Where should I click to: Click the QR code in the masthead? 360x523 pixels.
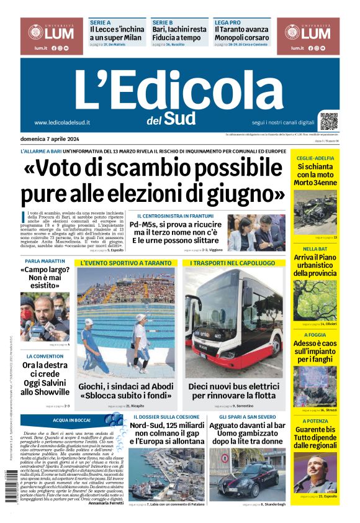click(x=329, y=121)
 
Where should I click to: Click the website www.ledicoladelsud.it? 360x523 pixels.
click(x=62, y=122)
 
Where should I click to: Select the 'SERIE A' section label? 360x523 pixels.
click(x=100, y=22)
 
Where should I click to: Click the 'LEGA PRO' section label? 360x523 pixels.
click(x=227, y=22)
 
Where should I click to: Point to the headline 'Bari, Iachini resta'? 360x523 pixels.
click(x=180, y=29)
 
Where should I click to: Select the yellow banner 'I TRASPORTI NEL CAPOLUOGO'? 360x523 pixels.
click(x=233, y=263)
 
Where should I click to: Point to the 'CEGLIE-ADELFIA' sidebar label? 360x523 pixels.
click(x=315, y=158)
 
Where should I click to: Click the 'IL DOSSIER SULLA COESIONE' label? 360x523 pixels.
click(x=164, y=416)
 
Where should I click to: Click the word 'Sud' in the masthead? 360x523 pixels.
click(x=180, y=117)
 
